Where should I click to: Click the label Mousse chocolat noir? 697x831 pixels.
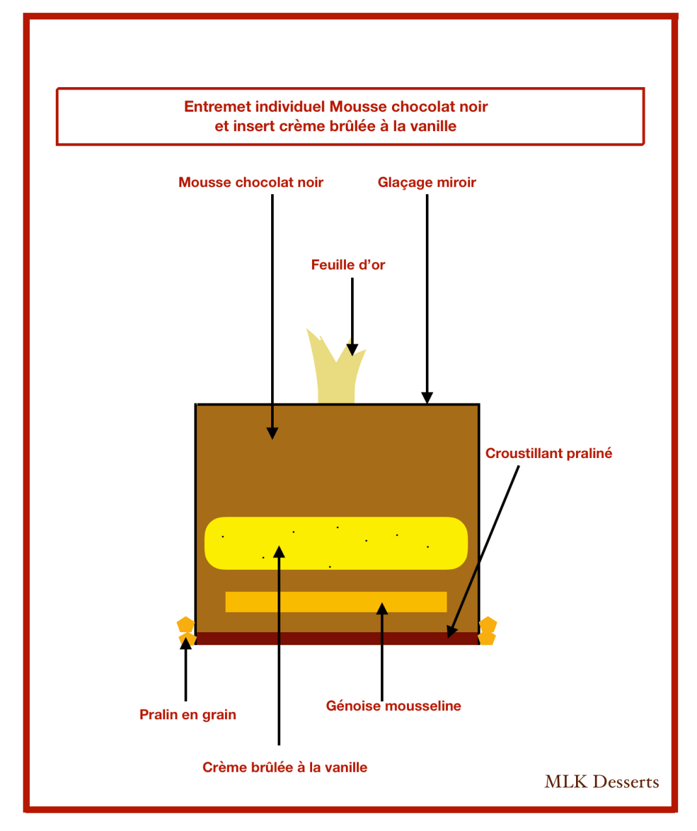(250, 183)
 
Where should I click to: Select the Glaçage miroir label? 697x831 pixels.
(427, 183)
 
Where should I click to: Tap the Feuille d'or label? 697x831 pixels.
(348, 264)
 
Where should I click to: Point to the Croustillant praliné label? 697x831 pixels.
(549, 454)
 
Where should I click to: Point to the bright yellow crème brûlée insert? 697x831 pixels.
(335, 543)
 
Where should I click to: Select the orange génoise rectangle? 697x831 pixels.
(335, 602)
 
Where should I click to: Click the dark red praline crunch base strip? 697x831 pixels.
(337, 638)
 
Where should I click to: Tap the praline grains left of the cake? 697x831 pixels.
(186, 631)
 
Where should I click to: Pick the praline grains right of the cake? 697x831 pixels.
(487, 631)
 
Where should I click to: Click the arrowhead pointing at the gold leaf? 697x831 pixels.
(352, 350)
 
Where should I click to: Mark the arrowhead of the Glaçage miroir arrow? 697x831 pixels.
(427, 398)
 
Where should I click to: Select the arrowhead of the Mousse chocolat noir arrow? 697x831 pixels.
(272, 433)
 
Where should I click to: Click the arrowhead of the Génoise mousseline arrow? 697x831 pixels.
(382, 608)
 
